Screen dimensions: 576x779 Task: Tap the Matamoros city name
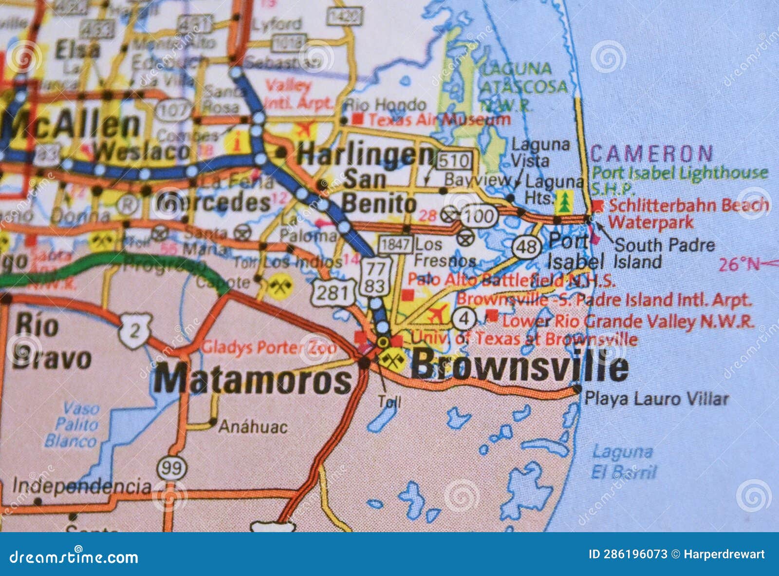252,379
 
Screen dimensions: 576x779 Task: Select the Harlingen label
365,155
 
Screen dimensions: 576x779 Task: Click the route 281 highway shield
333,292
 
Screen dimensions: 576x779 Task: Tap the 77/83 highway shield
375,277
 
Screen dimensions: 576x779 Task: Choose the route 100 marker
479,215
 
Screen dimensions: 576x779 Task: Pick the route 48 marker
526,247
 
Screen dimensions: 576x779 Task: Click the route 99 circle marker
172,468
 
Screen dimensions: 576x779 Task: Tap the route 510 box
454,160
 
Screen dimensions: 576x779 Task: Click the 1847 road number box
395,244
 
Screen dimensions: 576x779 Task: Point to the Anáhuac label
253,427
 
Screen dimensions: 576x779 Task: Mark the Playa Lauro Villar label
656,399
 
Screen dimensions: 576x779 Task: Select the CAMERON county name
651,154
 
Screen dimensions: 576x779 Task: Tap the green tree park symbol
564,202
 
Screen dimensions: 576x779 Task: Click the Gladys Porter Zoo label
269,347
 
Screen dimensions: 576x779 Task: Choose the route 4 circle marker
464,319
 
